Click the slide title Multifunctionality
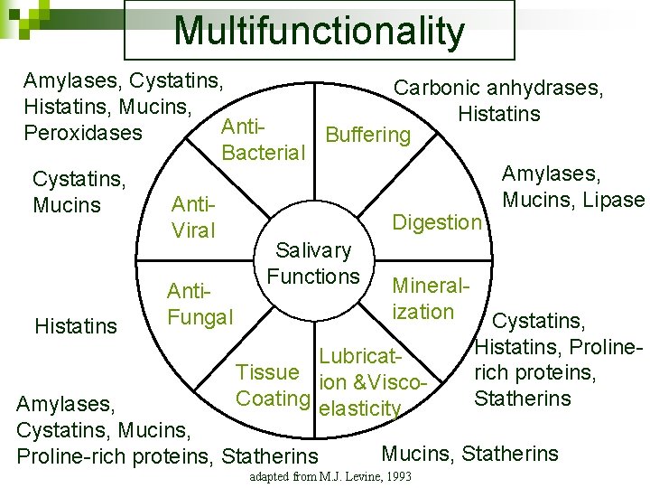click(319, 31)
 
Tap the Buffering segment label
click(367, 136)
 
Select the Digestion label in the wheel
click(438, 222)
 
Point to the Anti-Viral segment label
click(194, 218)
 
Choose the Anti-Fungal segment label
click(200, 305)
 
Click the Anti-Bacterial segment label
click(263, 139)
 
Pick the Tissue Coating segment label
click(268, 385)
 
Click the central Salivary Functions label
click(313, 263)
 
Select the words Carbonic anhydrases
click(499, 89)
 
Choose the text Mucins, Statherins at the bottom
click(470, 454)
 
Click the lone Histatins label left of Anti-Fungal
click(76, 325)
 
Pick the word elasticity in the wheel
click(360, 408)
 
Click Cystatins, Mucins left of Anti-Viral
click(79, 192)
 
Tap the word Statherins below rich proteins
click(523, 399)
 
